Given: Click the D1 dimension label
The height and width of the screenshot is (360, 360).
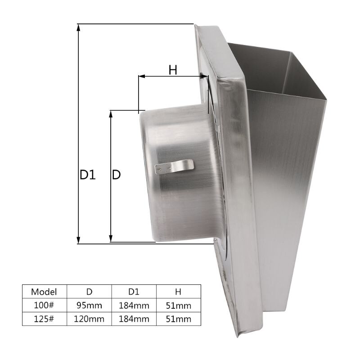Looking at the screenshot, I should (88, 175).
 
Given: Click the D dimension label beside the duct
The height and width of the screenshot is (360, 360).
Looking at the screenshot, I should (116, 175).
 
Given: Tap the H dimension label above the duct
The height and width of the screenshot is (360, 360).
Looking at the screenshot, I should (173, 70).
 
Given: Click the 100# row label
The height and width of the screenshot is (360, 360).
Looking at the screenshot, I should (44, 306).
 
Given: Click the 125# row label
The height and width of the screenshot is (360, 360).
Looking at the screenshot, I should (44, 319).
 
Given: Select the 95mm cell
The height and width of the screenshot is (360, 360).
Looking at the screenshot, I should (89, 306).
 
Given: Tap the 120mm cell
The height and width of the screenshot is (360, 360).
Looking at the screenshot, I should (89, 319).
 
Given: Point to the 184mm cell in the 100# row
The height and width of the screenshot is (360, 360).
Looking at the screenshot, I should (134, 306).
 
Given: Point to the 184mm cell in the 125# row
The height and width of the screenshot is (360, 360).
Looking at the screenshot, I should (134, 319).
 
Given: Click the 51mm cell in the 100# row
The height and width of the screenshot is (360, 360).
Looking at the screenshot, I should (178, 306).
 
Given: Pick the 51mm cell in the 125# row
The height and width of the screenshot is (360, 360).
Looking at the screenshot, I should (178, 319).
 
